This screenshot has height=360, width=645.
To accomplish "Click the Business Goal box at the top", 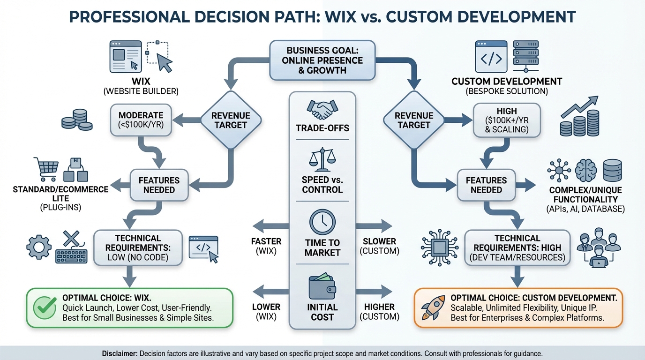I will tap(322, 60).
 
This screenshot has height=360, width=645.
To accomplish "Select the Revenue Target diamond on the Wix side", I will tap(230, 120).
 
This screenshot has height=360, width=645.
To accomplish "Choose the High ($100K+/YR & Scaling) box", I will tap(507, 120).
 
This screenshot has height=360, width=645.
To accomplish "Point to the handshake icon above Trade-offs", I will tap(322, 110).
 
